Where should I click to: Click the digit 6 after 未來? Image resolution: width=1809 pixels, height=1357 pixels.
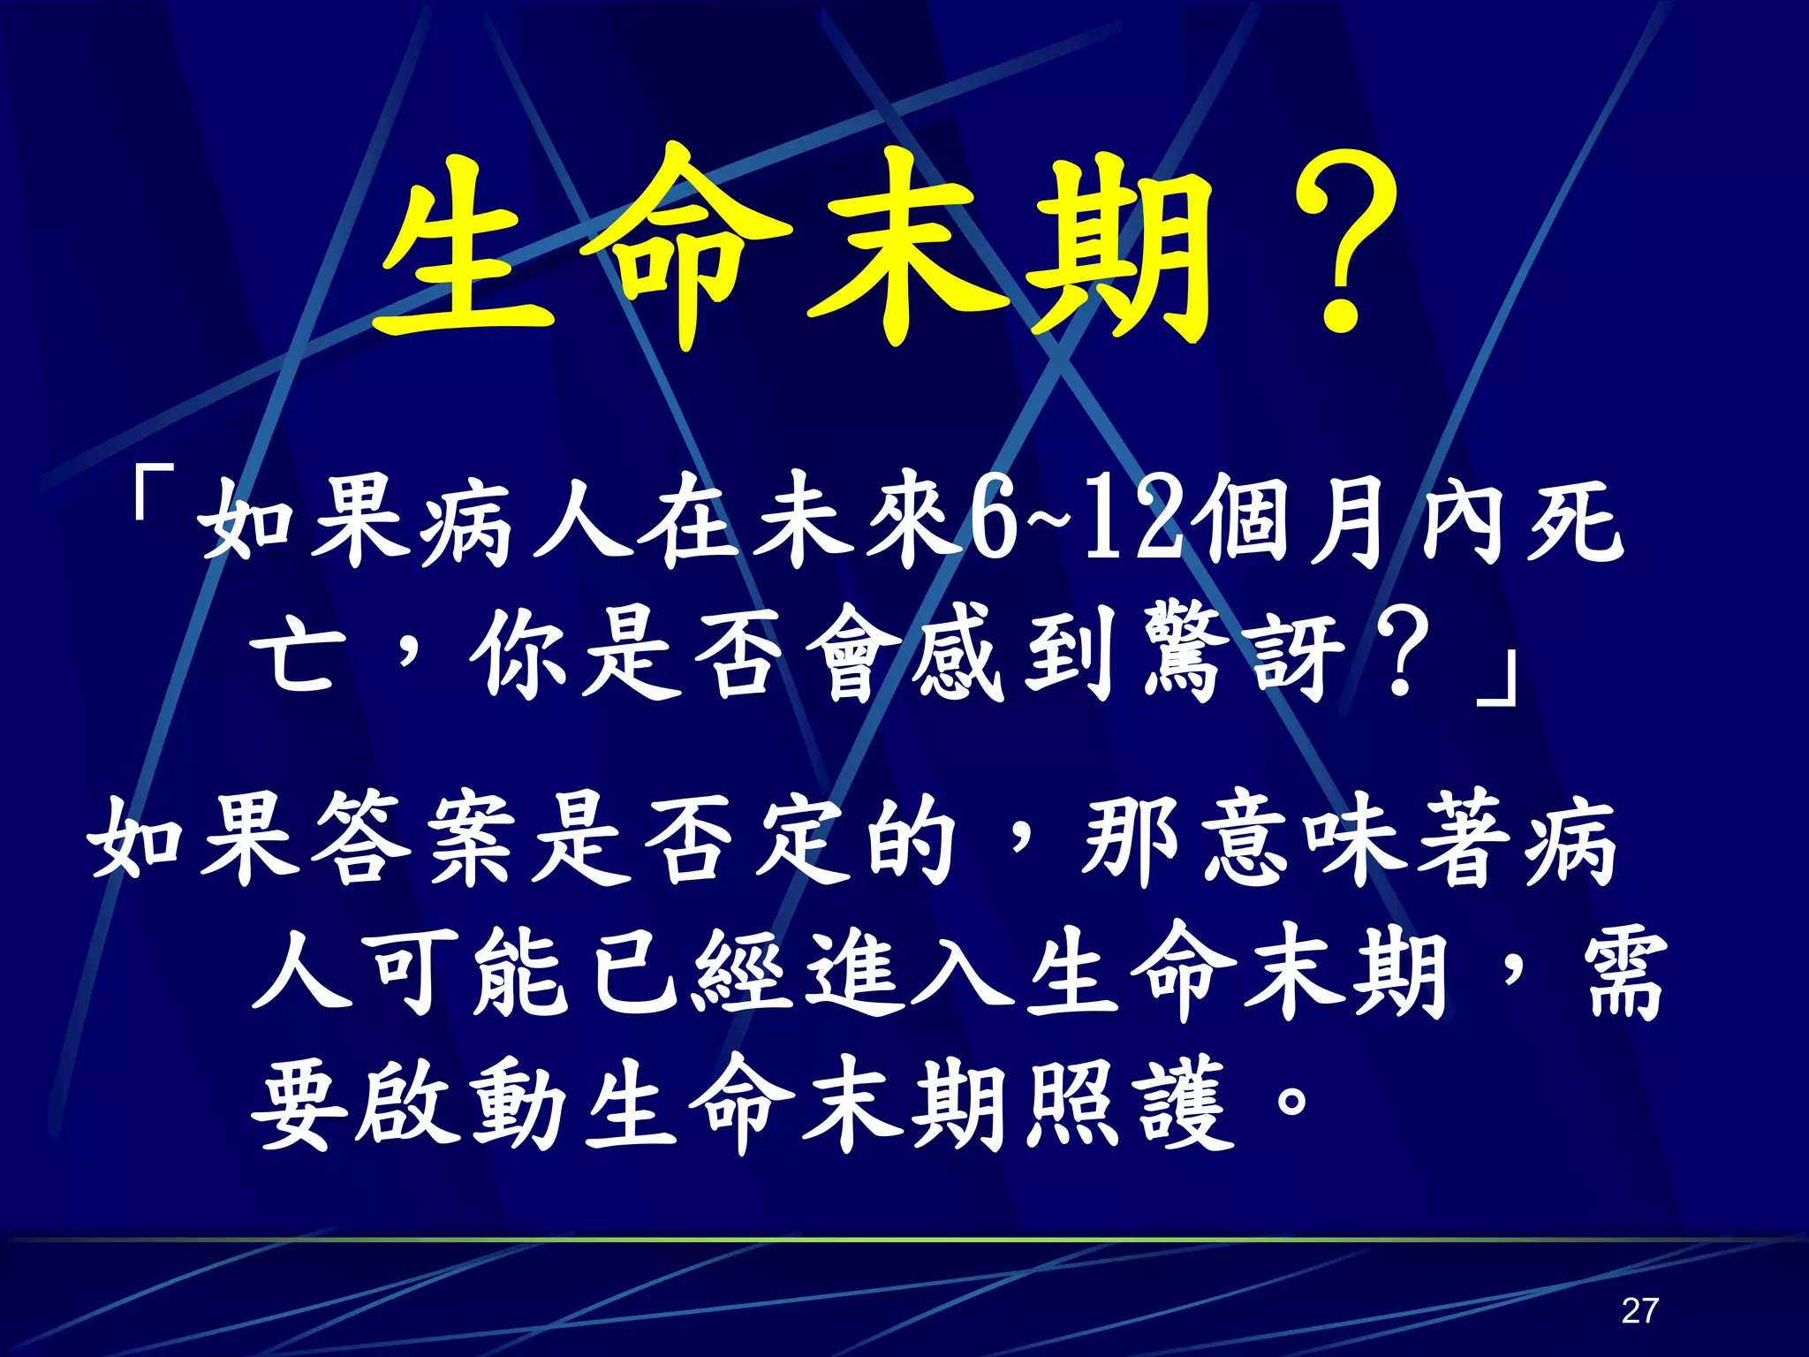[993, 527]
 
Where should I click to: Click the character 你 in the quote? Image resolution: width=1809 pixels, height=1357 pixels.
[521, 658]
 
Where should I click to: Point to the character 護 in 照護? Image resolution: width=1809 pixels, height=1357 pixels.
[1186, 1104]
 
